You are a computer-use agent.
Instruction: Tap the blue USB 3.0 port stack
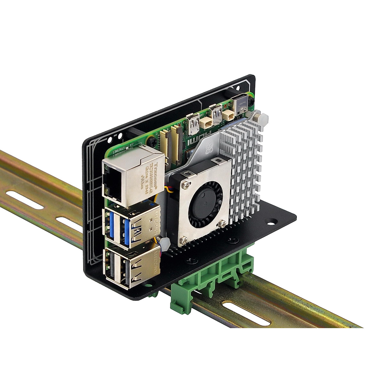120,227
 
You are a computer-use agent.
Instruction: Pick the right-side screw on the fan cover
222,223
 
